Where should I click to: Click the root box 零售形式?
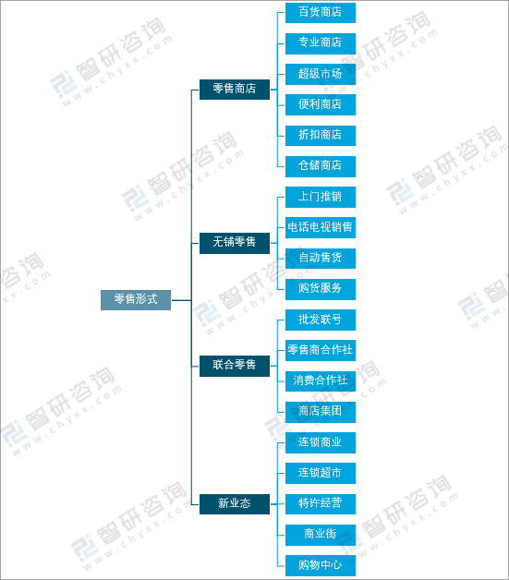[x=136, y=300]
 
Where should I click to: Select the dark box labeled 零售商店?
[x=235, y=90]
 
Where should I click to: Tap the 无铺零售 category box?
[x=235, y=243]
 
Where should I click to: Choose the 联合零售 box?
[x=235, y=367]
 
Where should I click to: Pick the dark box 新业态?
[x=235, y=504]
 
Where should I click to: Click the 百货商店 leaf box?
[x=321, y=13]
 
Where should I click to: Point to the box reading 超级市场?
[x=321, y=74]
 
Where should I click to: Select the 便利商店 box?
[x=321, y=104]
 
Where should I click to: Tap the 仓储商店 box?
[x=321, y=166]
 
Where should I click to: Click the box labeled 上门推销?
[x=321, y=197]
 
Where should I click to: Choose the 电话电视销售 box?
[x=321, y=227]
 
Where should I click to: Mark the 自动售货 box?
[x=321, y=259]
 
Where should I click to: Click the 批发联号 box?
[x=321, y=320]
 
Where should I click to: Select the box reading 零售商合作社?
[x=321, y=350]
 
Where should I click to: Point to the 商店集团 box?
[x=321, y=412]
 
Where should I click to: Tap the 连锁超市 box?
[x=321, y=473]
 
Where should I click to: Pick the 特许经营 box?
[x=321, y=504]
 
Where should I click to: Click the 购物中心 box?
[x=321, y=565]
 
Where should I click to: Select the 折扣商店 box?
[x=321, y=136]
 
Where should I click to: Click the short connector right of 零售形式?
[x=181, y=300]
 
